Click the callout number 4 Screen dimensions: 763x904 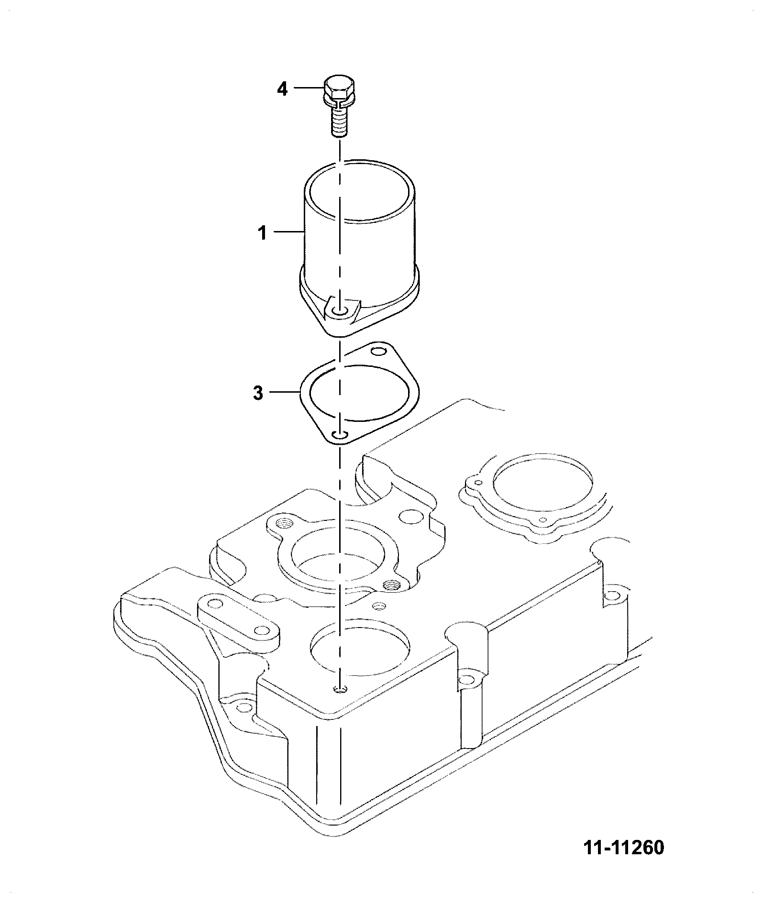point(283,89)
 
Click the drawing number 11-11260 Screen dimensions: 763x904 point(624,848)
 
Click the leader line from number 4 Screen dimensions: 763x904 point(309,88)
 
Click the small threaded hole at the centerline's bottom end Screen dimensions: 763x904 point(340,689)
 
